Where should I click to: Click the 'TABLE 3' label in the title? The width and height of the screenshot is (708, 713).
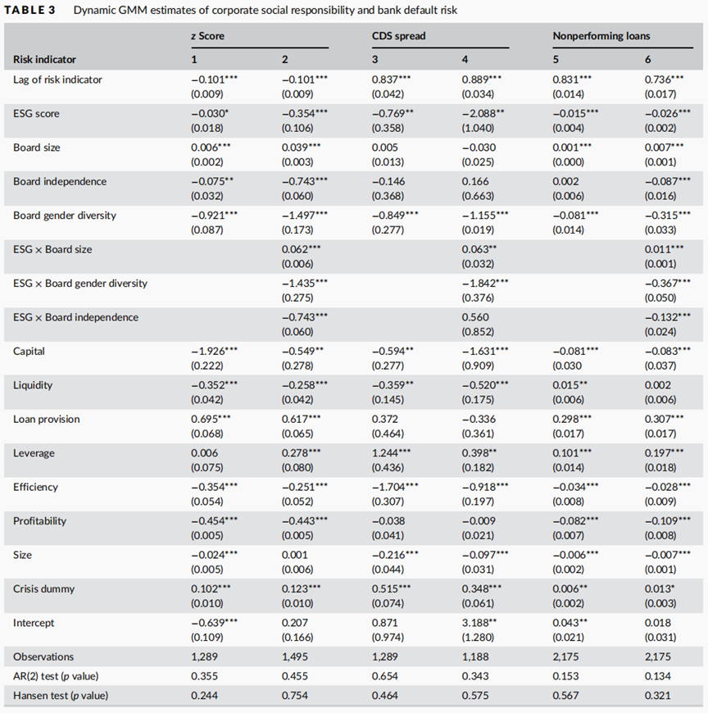click(x=29, y=10)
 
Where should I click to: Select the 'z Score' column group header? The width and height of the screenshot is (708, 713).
click(x=207, y=36)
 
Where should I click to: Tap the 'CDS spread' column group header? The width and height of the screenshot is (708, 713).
click(x=399, y=36)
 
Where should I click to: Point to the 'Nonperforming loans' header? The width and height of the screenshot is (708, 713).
click(x=601, y=36)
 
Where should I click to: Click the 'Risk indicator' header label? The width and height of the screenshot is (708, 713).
click(x=44, y=60)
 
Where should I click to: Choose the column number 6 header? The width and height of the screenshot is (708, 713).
click(x=647, y=60)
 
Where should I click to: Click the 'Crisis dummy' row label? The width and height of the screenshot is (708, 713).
click(x=43, y=589)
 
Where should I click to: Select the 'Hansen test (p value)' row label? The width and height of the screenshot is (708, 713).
click(x=61, y=696)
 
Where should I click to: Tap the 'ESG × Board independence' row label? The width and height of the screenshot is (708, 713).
click(x=75, y=317)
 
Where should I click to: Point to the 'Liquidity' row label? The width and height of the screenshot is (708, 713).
click(x=33, y=385)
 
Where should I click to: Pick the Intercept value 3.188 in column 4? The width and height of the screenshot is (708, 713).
click(x=479, y=623)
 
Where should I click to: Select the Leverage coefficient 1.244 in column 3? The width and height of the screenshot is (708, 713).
click(x=391, y=453)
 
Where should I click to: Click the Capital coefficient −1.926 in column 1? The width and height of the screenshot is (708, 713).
click(x=214, y=352)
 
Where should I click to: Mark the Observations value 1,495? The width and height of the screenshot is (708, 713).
click(x=295, y=657)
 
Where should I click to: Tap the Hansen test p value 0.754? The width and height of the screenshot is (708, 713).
click(x=295, y=696)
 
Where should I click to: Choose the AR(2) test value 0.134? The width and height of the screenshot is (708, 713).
click(x=657, y=676)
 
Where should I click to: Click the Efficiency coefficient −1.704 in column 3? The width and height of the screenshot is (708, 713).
click(x=395, y=487)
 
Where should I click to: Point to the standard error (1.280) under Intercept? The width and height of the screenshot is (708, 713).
click(x=478, y=638)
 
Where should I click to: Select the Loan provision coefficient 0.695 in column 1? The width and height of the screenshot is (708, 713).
click(x=211, y=420)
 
